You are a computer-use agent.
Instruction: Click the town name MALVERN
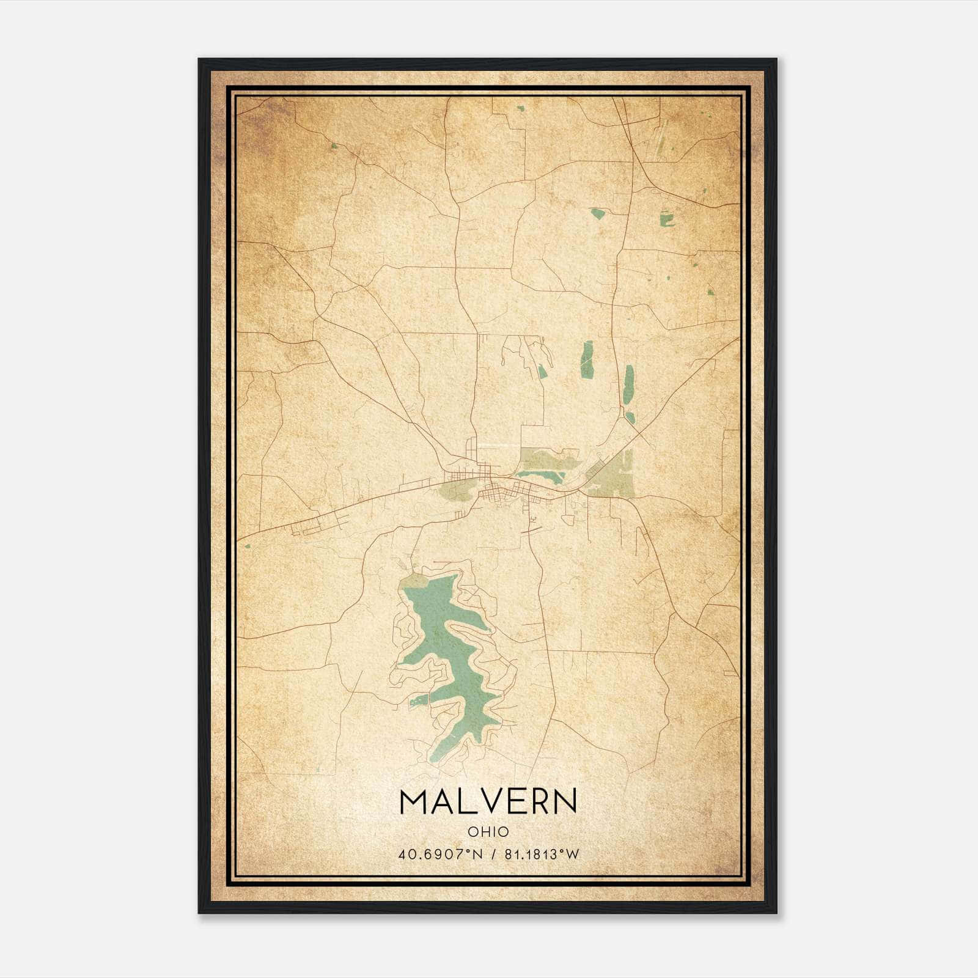(x=488, y=801)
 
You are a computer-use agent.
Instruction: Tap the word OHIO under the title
(x=488, y=831)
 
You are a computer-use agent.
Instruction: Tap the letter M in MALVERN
(x=413, y=801)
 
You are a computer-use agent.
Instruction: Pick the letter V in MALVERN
(x=491, y=801)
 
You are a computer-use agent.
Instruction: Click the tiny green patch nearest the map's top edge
(x=520, y=109)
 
